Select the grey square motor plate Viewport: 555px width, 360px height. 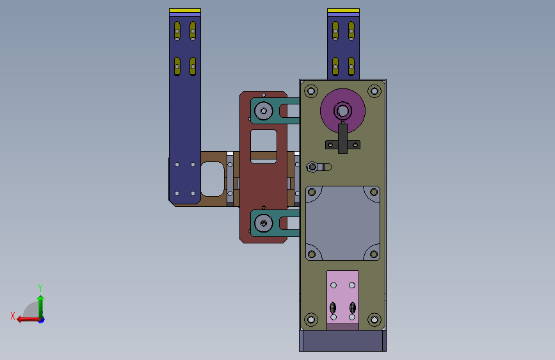[x=342, y=223]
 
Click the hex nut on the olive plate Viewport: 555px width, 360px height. [x=312, y=167]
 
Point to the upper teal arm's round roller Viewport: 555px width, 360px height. [x=263, y=111]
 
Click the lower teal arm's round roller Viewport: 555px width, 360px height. [x=263, y=223]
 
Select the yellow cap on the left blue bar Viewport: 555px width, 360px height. [x=185, y=11]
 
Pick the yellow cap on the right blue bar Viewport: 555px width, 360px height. [x=343, y=11]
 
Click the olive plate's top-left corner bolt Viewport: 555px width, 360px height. [x=311, y=91]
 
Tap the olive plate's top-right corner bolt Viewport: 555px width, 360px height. [x=374, y=91]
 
